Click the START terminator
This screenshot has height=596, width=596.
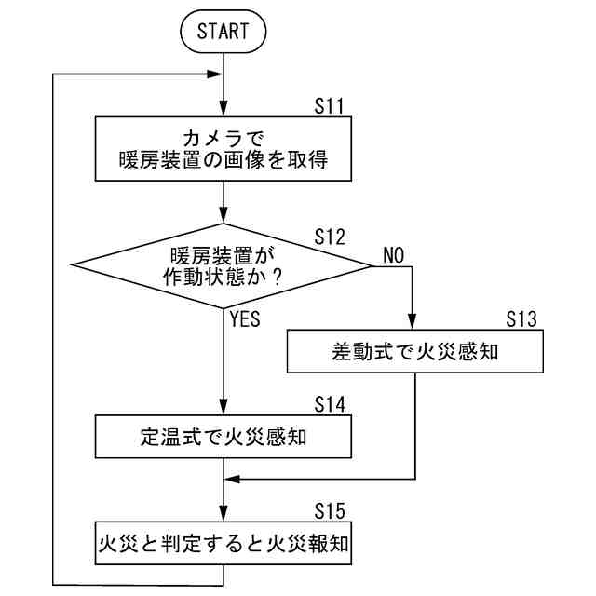pyautogui.click(x=223, y=31)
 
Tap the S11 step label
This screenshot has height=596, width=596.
pyautogui.click(x=329, y=106)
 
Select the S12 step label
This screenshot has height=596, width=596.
pyautogui.click(x=330, y=237)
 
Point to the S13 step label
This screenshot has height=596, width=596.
pyautogui.click(x=521, y=319)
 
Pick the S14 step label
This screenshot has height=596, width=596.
pyautogui.click(x=330, y=404)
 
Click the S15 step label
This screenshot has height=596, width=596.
pyautogui.click(x=330, y=511)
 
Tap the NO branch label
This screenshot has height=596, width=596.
pyautogui.click(x=393, y=255)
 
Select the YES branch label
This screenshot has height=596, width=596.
pyautogui.click(x=245, y=318)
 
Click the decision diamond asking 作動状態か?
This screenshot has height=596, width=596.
pyautogui.click(x=223, y=265)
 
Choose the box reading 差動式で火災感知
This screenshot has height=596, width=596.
pyautogui.click(x=415, y=351)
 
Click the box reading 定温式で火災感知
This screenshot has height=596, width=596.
pyautogui.click(x=223, y=437)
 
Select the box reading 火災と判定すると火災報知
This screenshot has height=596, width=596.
pyautogui.click(x=223, y=543)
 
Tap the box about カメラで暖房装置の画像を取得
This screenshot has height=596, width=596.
pyautogui.click(x=223, y=149)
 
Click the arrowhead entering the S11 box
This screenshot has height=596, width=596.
pyautogui.click(x=223, y=109)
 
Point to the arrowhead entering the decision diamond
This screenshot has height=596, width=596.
pyautogui.click(x=223, y=215)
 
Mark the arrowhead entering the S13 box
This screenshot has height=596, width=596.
pyautogui.click(x=412, y=322)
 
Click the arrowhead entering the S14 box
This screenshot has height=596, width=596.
pyautogui.click(x=223, y=407)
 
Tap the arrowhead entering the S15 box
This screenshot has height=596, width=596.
pyautogui.click(x=223, y=513)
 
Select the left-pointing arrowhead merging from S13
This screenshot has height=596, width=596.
pyautogui.click(x=232, y=479)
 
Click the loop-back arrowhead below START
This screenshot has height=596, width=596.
pyautogui.click(x=214, y=74)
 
